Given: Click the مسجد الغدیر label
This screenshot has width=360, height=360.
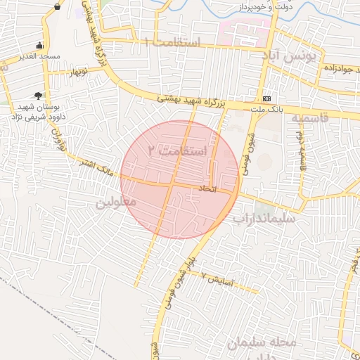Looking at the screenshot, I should point(41,56).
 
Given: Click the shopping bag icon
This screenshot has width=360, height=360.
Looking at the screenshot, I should point(56,6).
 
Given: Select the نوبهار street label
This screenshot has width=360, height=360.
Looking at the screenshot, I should point(78,72).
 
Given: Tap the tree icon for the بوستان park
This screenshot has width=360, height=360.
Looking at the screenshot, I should point(37,94).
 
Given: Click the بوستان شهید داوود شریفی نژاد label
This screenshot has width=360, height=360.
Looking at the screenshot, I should point(39,110).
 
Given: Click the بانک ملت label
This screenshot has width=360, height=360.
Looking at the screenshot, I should point(266,109).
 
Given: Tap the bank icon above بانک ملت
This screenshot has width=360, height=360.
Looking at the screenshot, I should point(266,99).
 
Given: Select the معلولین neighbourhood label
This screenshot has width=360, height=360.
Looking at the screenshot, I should point(115,203).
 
